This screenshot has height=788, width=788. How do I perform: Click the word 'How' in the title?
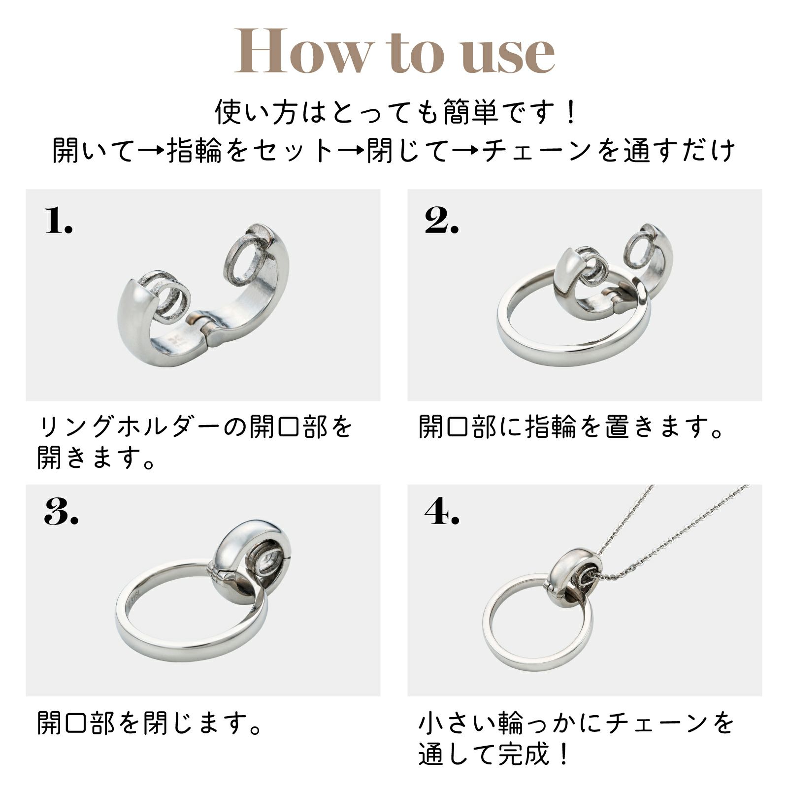tap(301, 52)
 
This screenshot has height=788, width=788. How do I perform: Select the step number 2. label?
tap(442, 220)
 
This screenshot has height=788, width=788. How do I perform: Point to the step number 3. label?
tap(61, 512)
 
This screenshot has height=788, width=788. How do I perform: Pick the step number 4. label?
tap(442, 512)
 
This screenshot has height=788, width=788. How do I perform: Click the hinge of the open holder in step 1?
tap(203, 327)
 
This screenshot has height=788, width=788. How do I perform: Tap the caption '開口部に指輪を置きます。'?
tap(571, 427)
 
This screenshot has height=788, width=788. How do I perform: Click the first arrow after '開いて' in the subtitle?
tap(151, 150)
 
